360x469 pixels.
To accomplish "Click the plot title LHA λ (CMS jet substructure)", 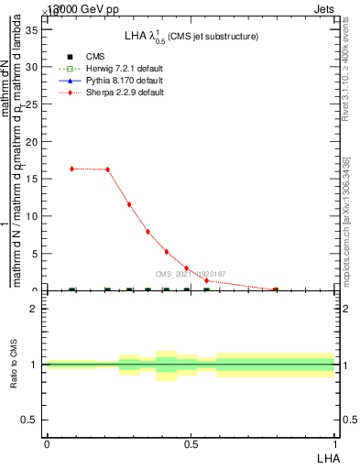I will click(191, 37).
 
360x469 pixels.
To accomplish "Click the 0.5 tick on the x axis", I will click(191, 443).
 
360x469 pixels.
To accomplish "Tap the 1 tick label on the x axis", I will click(335, 443).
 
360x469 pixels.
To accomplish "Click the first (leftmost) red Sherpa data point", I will click(72, 169).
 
